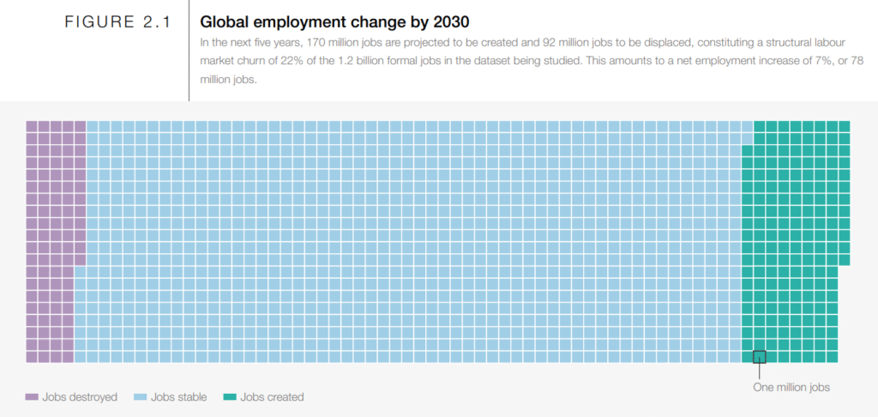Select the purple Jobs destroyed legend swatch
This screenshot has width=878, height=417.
pyautogui.click(x=33, y=397)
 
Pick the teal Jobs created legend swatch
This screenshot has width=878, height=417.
pyautogui.click(x=229, y=397)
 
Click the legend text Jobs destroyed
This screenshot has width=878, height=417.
pyautogui.click(x=80, y=397)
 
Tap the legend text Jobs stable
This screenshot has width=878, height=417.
pyautogui.click(x=179, y=397)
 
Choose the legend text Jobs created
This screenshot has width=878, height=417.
pyautogui.click(x=272, y=397)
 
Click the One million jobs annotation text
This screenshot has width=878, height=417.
pyautogui.click(x=791, y=388)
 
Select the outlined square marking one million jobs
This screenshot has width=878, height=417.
pyautogui.click(x=759, y=357)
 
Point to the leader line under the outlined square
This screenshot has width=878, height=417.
pyautogui.click(x=759, y=371)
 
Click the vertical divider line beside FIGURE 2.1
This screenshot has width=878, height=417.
pyautogui.click(x=189, y=51)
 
